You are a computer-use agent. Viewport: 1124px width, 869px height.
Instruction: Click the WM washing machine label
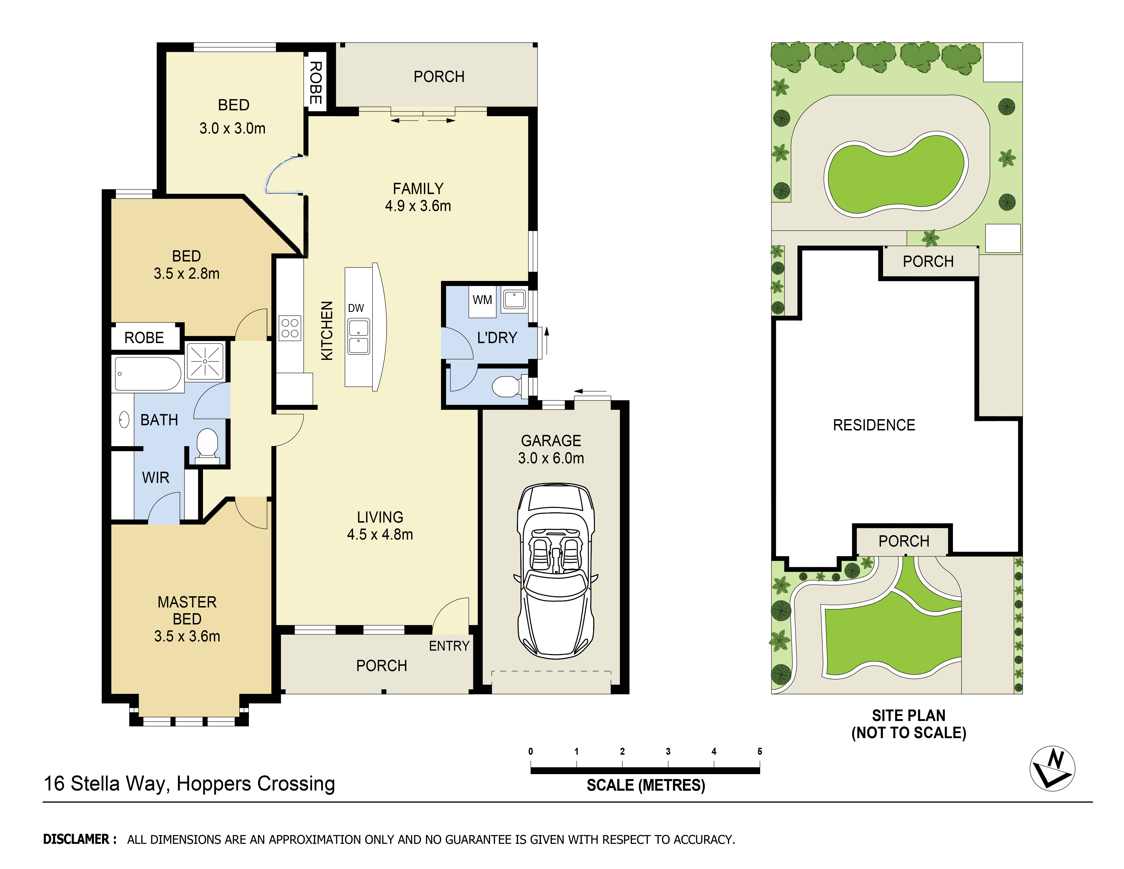click(x=482, y=300)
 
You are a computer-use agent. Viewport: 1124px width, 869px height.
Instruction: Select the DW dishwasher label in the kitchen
click(x=356, y=308)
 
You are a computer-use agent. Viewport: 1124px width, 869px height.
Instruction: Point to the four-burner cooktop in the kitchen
click(x=290, y=328)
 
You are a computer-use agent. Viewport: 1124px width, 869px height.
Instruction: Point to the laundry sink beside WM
click(x=514, y=299)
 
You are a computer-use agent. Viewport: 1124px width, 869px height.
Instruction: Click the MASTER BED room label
click(x=187, y=610)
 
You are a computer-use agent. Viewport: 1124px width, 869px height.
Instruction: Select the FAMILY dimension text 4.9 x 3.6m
click(x=418, y=206)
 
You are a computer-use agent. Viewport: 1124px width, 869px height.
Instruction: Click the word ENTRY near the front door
click(x=449, y=646)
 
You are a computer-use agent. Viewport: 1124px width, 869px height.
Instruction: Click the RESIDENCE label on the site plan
click(x=874, y=425)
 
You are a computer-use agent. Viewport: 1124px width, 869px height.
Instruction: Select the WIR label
click(x=156, y=478)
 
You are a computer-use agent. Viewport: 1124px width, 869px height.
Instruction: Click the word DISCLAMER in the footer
click(x=76, y=839)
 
